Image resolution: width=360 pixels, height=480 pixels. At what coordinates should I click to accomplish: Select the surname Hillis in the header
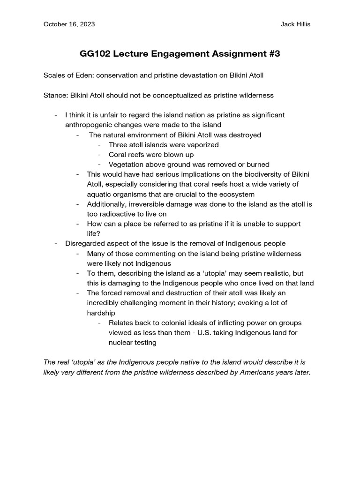[300, 24]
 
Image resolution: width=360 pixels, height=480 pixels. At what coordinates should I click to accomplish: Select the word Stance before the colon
[54, 95]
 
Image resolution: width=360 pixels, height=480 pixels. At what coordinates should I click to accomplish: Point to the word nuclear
[121, 342]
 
